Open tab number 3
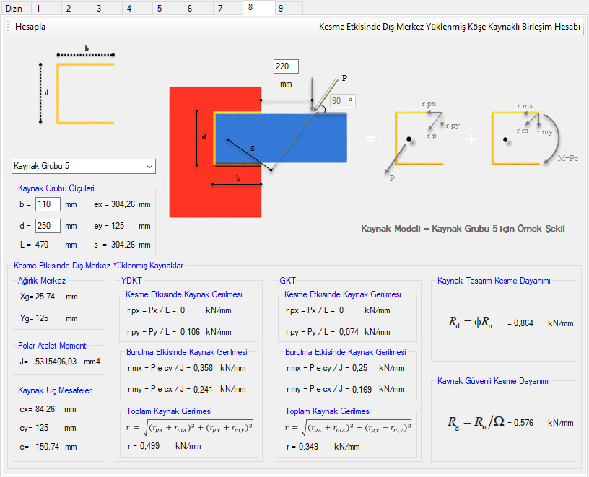99,9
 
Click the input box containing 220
286,66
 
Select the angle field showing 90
343,100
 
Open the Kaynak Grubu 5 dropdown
84,166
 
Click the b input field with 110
48,204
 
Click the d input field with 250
48,226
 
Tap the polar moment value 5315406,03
56,362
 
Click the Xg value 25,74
45,297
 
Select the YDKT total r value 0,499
149,446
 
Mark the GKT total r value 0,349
308,447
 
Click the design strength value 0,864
523,323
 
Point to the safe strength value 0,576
523,423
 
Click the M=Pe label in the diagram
567,158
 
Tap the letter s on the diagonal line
253,149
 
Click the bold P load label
344,78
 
